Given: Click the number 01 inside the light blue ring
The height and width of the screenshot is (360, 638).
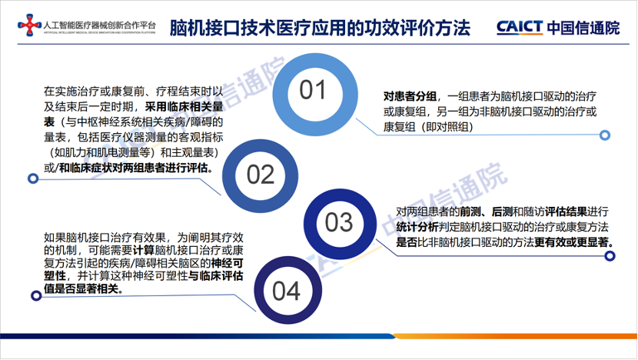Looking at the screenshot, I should (x=313, y=91).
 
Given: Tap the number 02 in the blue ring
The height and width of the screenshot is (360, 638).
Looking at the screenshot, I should (x=261, y=175).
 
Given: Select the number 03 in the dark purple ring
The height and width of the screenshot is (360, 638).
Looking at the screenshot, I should (x=338, y=223).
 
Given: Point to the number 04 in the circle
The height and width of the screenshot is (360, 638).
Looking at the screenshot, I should (x=285, y=292).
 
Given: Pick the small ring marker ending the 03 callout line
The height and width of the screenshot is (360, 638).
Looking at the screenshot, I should (x=612, y=266).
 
